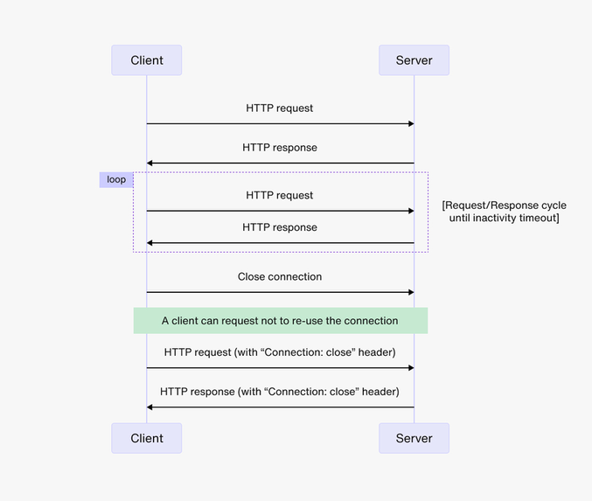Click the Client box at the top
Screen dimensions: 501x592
pos(146,60)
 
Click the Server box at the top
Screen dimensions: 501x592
pos(414,60)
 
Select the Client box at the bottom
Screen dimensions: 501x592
pos(146,438)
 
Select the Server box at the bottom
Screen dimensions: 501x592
pos(414,438)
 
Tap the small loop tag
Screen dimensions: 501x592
pos(116,179)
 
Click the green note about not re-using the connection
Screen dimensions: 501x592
pos(280,321)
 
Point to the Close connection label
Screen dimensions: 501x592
pos(280,276)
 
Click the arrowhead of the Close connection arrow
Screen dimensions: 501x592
pos(410,292)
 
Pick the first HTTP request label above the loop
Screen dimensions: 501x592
pos(280,108)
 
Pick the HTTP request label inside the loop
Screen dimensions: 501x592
pos(280,195)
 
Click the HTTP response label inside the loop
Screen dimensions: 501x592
pos(280,227)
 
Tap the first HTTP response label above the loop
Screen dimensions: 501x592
pos(280,148)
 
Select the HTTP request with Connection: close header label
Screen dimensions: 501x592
pos(280,352)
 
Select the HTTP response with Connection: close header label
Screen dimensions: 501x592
pos(280,392)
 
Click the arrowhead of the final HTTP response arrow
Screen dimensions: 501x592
pos(150,407)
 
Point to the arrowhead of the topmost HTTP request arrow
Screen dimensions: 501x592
pos(410,124)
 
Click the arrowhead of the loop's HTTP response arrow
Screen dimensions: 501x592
pos(150,243)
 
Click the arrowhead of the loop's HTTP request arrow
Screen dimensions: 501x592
pos(410,211)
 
